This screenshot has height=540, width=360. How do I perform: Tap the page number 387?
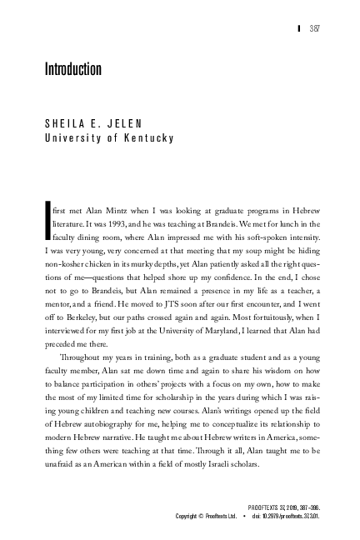click(316, 28)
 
